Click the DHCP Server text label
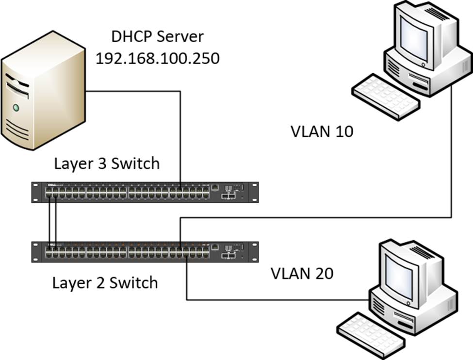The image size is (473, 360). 157,36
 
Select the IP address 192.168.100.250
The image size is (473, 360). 157,58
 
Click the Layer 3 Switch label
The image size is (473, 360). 106,164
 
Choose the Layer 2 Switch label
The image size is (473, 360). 105,282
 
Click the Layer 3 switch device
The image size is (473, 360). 145,191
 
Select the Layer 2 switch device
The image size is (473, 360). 145,251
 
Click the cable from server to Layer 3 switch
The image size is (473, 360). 180,136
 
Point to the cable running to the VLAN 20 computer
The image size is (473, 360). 272,299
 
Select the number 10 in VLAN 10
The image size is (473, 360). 343,131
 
